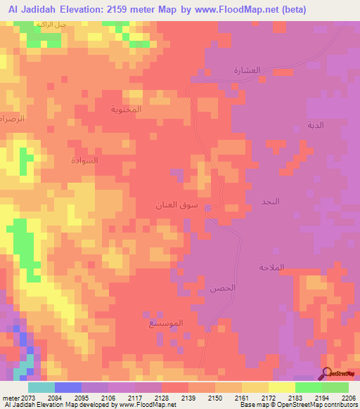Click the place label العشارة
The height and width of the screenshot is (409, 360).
tap(247, 71)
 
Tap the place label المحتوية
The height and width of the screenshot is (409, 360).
tap(127, 110)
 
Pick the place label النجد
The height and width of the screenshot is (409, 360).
tap(271, 201)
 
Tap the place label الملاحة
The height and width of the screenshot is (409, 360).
tap(270, 267)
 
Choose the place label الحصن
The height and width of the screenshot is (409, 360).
tap(222, 288)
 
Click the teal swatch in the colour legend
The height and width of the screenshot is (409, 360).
tap(41, 388)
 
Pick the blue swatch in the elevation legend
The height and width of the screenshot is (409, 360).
tap(68, 388)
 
